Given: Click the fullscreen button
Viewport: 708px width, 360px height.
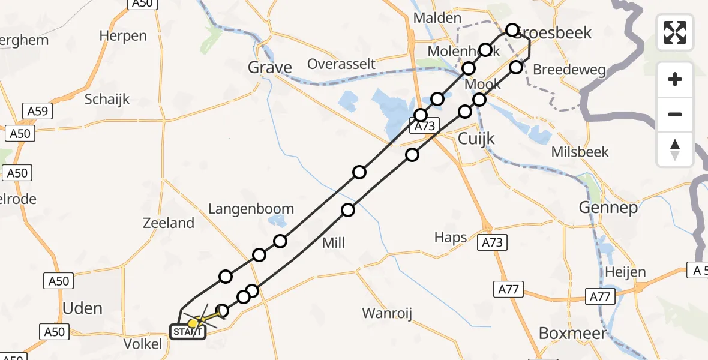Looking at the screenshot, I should pos(675,32).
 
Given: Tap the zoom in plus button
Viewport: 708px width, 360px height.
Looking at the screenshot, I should pos(675,79).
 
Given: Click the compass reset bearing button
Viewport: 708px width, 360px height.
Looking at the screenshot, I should pos(675,149).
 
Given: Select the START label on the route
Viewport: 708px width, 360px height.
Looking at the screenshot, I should pos(188,331).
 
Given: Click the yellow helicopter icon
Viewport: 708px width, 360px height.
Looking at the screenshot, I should pos(193,323).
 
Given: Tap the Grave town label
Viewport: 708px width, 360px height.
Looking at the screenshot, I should pos(270,67).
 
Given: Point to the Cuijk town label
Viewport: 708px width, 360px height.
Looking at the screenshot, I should pos(476,139).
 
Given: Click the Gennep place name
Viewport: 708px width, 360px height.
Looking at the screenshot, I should pos(601,208).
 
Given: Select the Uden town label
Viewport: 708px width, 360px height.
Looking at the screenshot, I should pos(83,308).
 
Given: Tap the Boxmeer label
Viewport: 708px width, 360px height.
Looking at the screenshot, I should pos(572,333).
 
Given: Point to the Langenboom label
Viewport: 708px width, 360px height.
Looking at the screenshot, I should pos(251,209).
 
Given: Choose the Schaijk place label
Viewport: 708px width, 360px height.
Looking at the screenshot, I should pos(107,100).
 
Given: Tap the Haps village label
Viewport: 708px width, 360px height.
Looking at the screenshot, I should pos(451,238).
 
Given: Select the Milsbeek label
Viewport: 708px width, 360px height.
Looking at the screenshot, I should pos(580,152).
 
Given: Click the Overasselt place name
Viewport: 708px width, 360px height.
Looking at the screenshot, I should pos(341,64).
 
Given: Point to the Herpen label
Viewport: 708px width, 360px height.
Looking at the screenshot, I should pos(123,35).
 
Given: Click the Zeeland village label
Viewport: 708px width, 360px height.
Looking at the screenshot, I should pos(169,223).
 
